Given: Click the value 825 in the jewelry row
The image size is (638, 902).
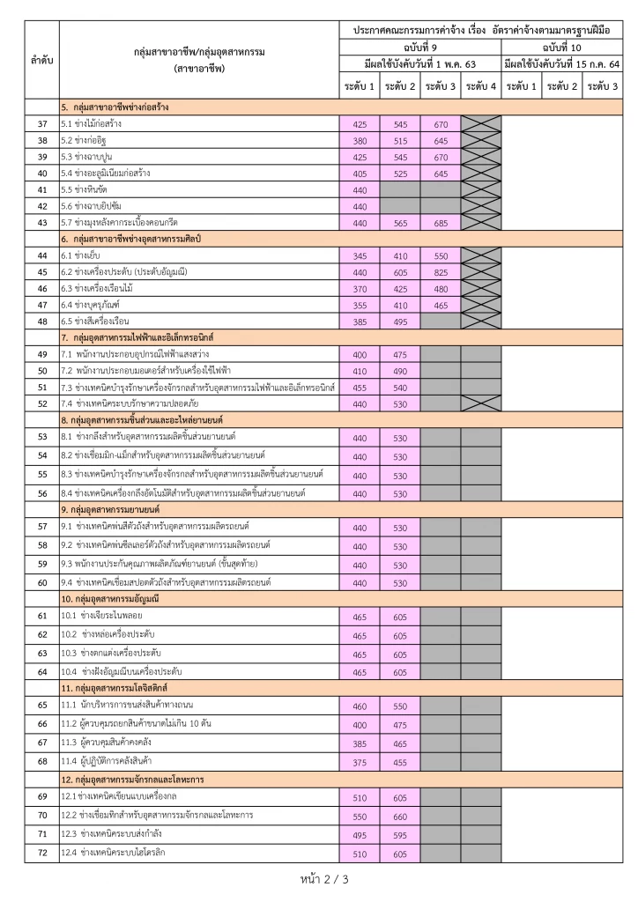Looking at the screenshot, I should click(441, 273).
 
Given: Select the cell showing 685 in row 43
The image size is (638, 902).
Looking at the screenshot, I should click(441, 224).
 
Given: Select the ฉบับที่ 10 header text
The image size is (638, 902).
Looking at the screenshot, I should click(561, 47).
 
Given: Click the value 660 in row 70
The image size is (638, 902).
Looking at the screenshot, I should click(400, 817).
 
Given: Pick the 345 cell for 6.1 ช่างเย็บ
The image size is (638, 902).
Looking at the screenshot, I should click(360, 256).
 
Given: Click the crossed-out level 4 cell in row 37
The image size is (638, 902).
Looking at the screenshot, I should click(481, 124).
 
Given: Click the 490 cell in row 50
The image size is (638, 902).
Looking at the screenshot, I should click(400, 372).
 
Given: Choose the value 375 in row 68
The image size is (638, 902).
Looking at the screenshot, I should click(360, 763).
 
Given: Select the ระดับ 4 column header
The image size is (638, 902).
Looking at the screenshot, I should click(481, 86).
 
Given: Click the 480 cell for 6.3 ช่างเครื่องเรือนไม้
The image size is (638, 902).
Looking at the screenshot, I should click(441, 289).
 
